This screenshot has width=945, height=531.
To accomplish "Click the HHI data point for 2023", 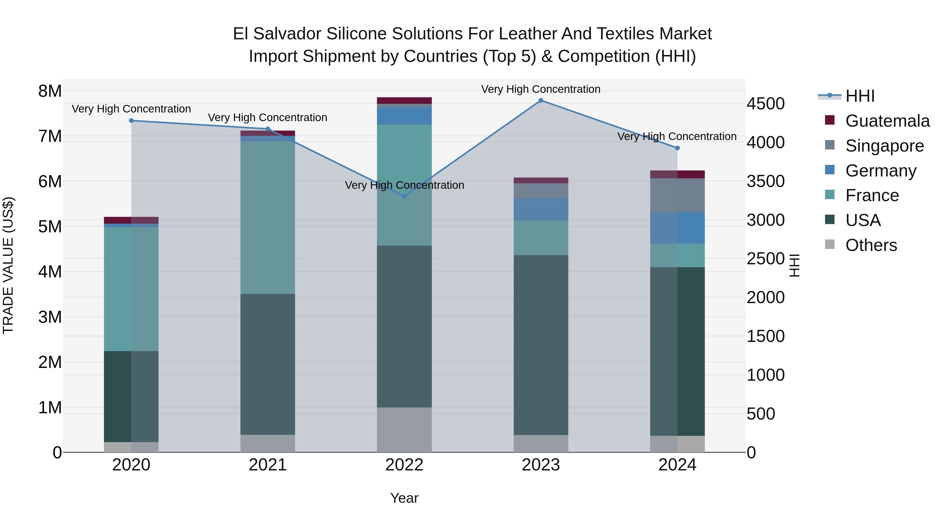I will coord(541,100).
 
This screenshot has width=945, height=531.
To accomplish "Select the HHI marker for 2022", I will coord(404,196).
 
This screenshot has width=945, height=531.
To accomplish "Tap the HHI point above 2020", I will coord(131,121).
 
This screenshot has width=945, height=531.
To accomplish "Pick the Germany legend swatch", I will coord(830,170).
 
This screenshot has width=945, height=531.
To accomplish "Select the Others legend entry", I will coord(871,245).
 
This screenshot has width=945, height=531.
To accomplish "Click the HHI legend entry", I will coord(860,96).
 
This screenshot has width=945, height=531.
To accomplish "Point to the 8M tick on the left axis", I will coord(50,91).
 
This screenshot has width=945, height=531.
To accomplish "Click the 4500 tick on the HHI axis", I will coord(766,104).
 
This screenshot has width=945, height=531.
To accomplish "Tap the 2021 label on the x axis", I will coord(267,465).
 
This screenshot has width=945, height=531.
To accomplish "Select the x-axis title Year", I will coord(404,498).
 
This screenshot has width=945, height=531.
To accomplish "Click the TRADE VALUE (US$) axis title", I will coord(8,265).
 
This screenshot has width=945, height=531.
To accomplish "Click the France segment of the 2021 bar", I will coord(267,218).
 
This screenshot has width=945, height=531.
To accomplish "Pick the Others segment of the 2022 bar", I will coord(404,430).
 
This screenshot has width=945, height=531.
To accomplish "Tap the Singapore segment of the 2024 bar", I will coord(677,195).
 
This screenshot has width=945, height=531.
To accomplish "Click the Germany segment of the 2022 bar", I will coord(404,116).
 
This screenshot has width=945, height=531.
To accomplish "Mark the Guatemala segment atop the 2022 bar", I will coord(404,100).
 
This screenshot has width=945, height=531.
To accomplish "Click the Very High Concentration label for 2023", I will coord(541,89).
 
